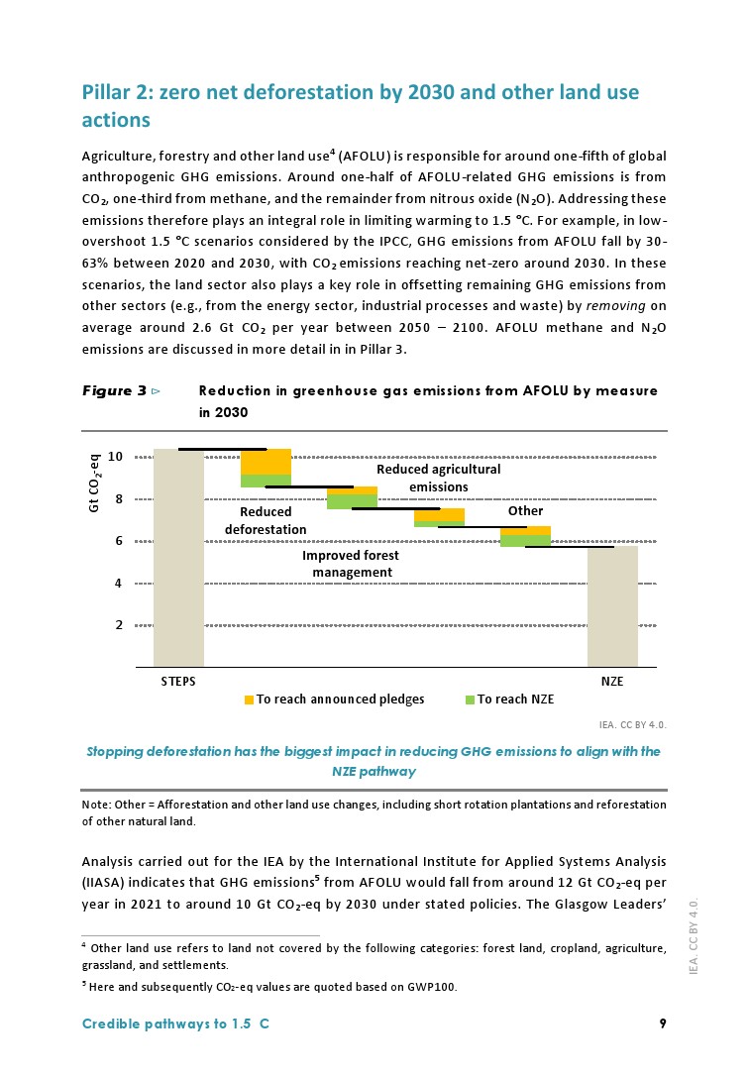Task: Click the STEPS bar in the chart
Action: pyautogui.click(x=178, y=557)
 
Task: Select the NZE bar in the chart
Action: pyautogui.click(x=612, y=605)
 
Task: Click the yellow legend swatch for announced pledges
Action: pyautogui.click(x=250, y=700)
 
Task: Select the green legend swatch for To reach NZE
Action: pyautogui.click(x=471, y=700)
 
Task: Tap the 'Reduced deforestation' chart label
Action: pyautogui.click(x=266, y=521)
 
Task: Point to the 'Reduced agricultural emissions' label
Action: pyautogui.click(x=439, y=478)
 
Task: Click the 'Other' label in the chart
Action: pyautogui.click(x=525, y=511)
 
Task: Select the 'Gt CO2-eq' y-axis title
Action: pyautogui.click(x=95, y=484)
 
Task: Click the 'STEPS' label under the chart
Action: pyautogui.click(x=178, y=682)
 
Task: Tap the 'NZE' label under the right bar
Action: pyautogui.click(x=612, y=682)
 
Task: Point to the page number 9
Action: pyautogui.click(x=662, y=1024)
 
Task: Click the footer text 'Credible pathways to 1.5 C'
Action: pyautogui.click(x=175, y=1024)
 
